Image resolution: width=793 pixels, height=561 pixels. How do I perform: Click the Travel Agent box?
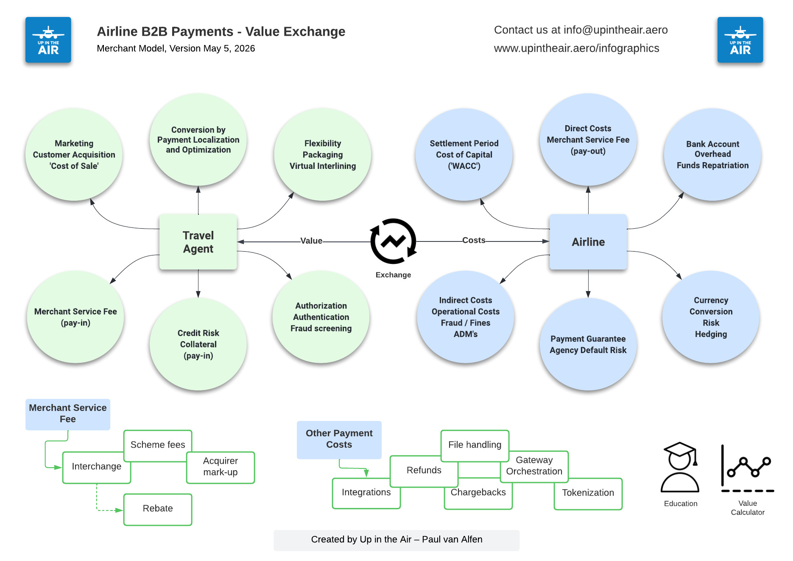coord(198,242)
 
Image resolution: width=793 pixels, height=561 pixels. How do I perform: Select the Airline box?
coord(588,242)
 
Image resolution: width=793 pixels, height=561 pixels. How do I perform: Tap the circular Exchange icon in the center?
coord(394,241)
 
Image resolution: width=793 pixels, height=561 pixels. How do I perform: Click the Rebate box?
coord(158,509)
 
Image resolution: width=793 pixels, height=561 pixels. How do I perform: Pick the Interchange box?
coord(96,468)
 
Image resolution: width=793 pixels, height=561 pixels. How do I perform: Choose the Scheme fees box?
coord(158,446)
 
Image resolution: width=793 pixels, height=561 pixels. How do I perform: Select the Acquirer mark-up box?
coord(221,468)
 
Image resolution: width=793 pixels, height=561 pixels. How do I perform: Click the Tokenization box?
coord(588,494)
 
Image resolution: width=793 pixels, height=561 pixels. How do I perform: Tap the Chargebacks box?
coord(478,494)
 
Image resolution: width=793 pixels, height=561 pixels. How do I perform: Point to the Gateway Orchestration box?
coord(534,467)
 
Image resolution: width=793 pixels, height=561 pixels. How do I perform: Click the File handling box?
coord(475,446)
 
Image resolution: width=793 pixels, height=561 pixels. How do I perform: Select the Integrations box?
coord(366,493)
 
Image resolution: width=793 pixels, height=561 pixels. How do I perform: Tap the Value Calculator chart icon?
coord(748,468)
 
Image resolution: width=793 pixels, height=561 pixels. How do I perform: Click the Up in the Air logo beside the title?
coord(48,40)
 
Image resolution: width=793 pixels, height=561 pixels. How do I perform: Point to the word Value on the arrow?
coord(311,241)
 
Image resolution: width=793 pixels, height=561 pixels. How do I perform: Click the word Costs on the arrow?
coord(474,240)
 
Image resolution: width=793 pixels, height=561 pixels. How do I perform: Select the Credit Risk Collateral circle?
coord(198,344)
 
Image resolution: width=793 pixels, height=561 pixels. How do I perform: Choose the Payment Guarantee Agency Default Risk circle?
coord(588,344)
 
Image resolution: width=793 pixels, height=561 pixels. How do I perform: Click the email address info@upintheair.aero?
coord(616,30)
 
